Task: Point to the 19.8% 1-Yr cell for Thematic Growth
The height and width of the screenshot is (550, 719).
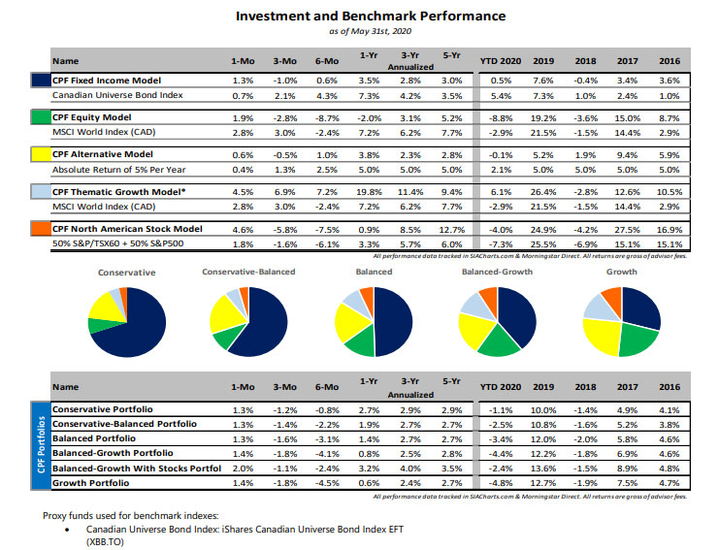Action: click(368, 191)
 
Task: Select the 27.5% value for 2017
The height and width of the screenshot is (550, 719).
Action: click(627, 228)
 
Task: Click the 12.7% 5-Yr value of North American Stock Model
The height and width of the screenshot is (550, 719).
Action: click(451, 228)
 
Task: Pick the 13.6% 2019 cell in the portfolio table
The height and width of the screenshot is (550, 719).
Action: click(544, 467)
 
